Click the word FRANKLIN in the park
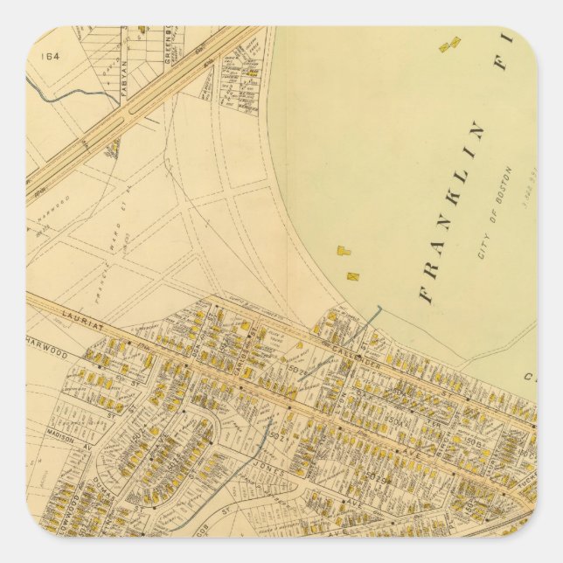click(x=455, y=210)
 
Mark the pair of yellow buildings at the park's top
click(x=449, y=43)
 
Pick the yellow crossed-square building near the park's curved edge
click(x=353, y=276)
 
